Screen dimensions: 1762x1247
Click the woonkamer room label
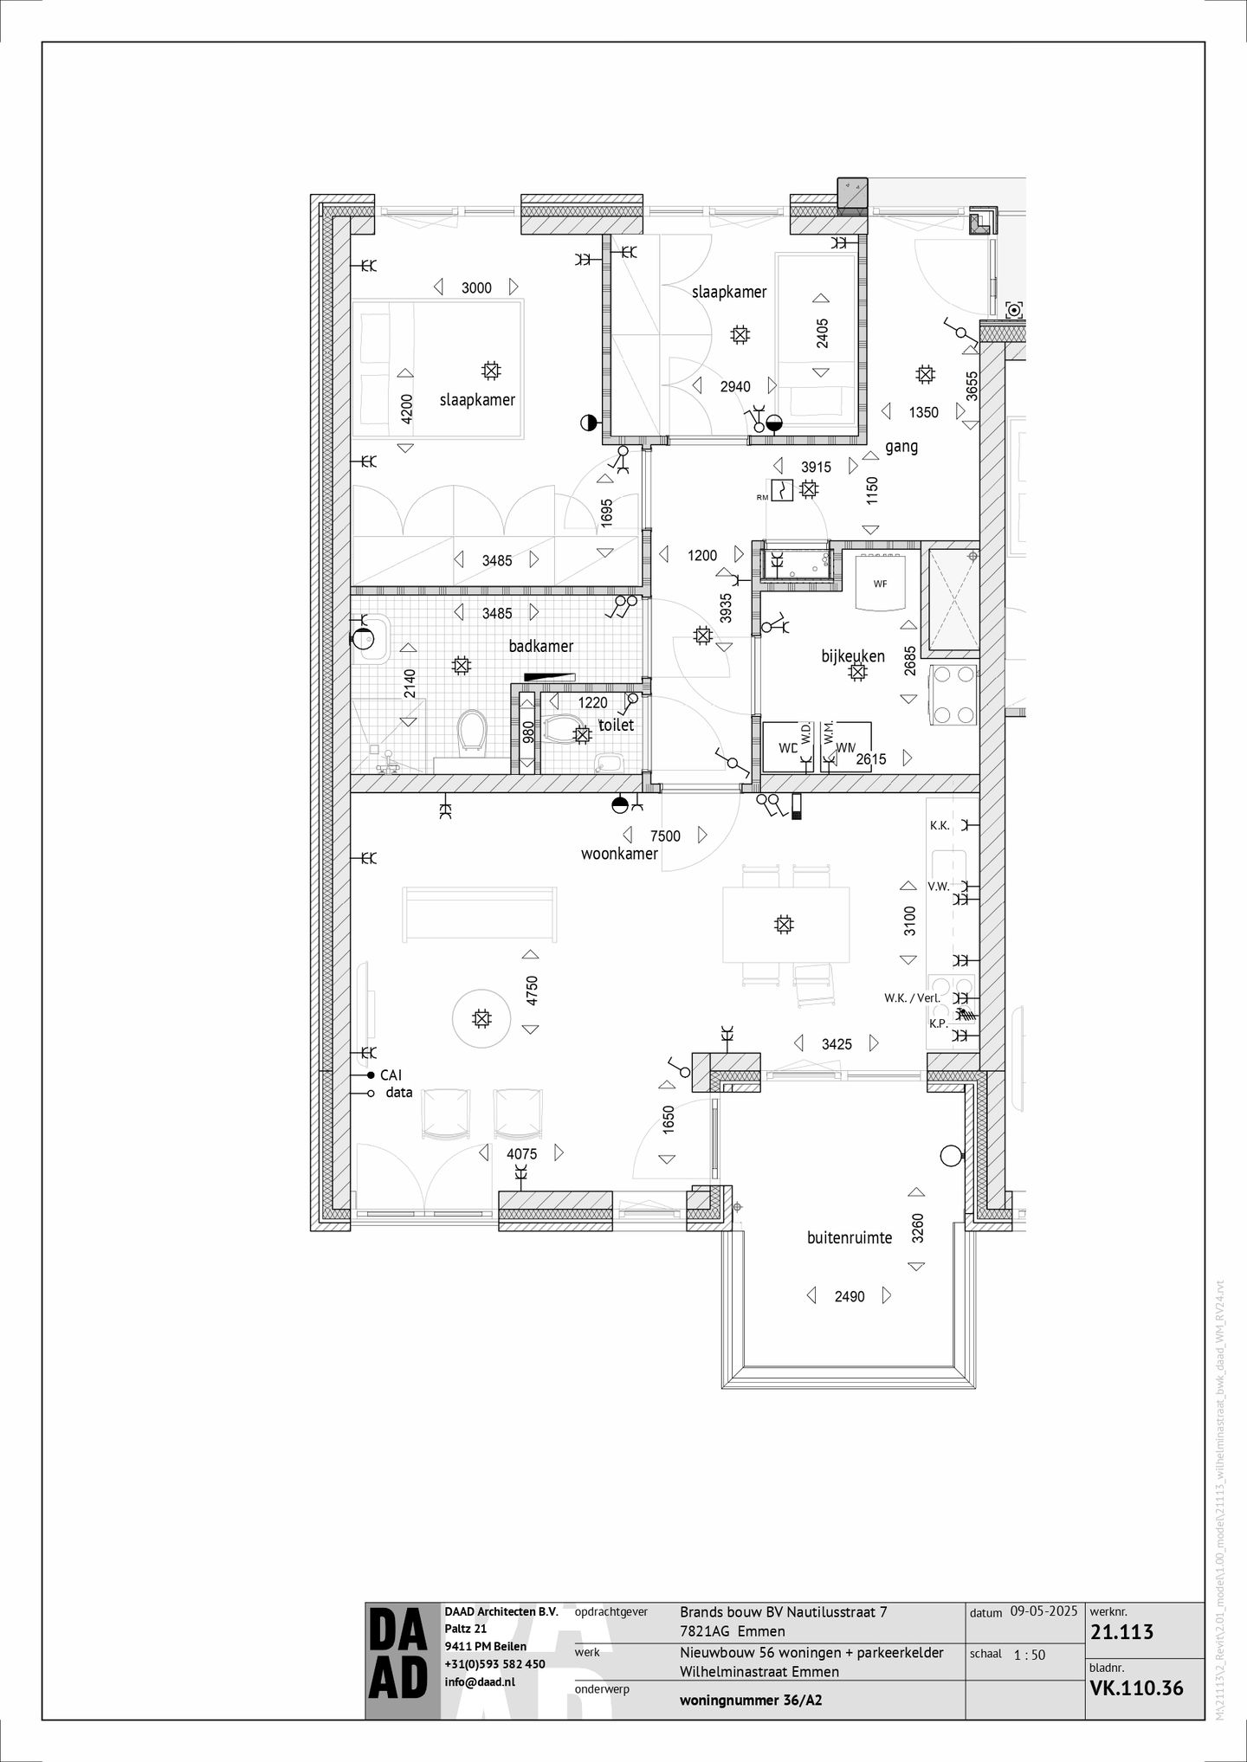(x=619, y=854)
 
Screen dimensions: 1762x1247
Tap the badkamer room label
(x=541, y=646)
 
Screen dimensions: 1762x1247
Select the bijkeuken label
(x=853, y=656)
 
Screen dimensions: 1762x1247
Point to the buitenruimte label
(x=850, y=1238)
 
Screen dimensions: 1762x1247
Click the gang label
(x=901, y=447)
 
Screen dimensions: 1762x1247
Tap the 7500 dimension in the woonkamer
(x=665, y=836)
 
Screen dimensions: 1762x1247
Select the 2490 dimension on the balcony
(x=850, y=1296)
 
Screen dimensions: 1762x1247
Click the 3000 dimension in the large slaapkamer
(x=476, y=287)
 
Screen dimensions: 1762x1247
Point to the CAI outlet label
(x=391, y=1075)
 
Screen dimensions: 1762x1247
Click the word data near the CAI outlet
(x=399, y=1093)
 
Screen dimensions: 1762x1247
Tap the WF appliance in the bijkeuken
(x=880, y=584)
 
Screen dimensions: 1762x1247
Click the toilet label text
(x=617, y=725)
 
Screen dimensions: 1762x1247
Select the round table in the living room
(x=481, y=1018)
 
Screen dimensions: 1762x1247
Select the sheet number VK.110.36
(x=1136, y=1688)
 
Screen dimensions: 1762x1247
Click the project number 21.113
(x=1122, y=1632)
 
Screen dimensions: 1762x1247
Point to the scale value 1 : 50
(x=1028, y=1655)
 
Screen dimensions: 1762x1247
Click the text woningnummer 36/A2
(x=751, y=1700)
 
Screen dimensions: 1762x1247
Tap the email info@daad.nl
(x=480, y=1681)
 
